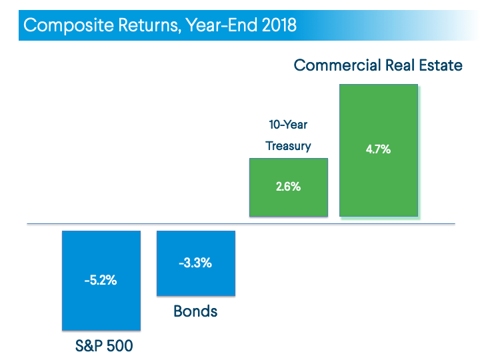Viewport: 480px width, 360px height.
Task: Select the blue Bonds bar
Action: (x=195, y=283)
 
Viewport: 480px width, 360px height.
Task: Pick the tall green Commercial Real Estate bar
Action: (x=378, y=180)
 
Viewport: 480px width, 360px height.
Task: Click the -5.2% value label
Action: (x=101, y=281)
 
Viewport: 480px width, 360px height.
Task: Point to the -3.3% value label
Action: (x=195, y=263)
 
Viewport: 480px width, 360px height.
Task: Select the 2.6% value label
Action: (x=288, y=187)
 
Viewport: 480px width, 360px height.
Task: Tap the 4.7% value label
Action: (x=378, y=149)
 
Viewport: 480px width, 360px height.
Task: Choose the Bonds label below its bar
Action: (x=195, y=311)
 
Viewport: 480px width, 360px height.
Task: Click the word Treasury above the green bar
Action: (x=288, y=146)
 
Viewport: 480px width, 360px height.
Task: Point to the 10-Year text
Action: (x=288, y=125)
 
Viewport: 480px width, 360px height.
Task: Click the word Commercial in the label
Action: (x=337, y=65)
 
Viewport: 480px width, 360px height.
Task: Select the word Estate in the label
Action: (x=439, y=65)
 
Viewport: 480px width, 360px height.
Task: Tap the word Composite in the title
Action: (x=62, y=26)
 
